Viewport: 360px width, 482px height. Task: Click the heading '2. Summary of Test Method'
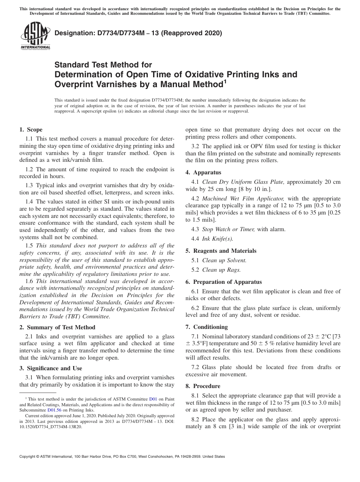pos(57,327)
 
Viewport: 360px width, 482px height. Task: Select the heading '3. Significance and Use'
pos(50,368)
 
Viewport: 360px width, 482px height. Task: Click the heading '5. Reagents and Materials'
pos(221,251)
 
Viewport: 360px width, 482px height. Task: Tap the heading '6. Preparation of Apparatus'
pos(224,282)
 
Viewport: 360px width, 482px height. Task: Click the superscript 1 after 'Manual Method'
pos(225,81)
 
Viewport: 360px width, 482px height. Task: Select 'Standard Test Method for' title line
pos(103,65)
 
